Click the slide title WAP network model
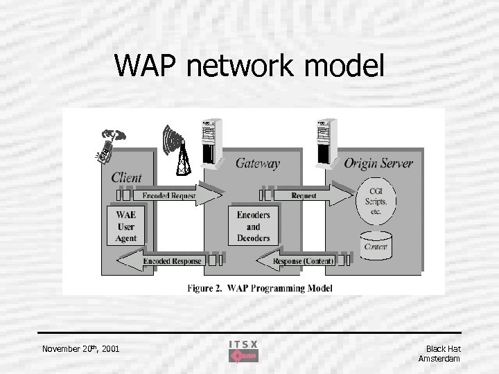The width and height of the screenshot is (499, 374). (x=249, y=66)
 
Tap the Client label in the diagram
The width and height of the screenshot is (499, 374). (x=126, y=178)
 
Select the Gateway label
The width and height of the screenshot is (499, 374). (x=257, y=163)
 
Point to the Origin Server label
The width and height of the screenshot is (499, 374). (x=378, y=163)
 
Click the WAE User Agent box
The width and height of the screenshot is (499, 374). (x=126, y=226)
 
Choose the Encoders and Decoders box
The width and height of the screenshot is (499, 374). (x=253, y=226)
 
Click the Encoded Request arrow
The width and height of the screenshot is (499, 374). (x=166, y=196)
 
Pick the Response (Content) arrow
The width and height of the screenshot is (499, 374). (x=299, y=261)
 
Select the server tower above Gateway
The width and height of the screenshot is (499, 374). (x=211, y=143)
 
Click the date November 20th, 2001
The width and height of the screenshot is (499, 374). (x=80, y=348)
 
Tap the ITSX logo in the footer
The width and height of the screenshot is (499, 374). (x=243, y=351)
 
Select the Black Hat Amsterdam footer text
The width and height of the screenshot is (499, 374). (x=439, y=353)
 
